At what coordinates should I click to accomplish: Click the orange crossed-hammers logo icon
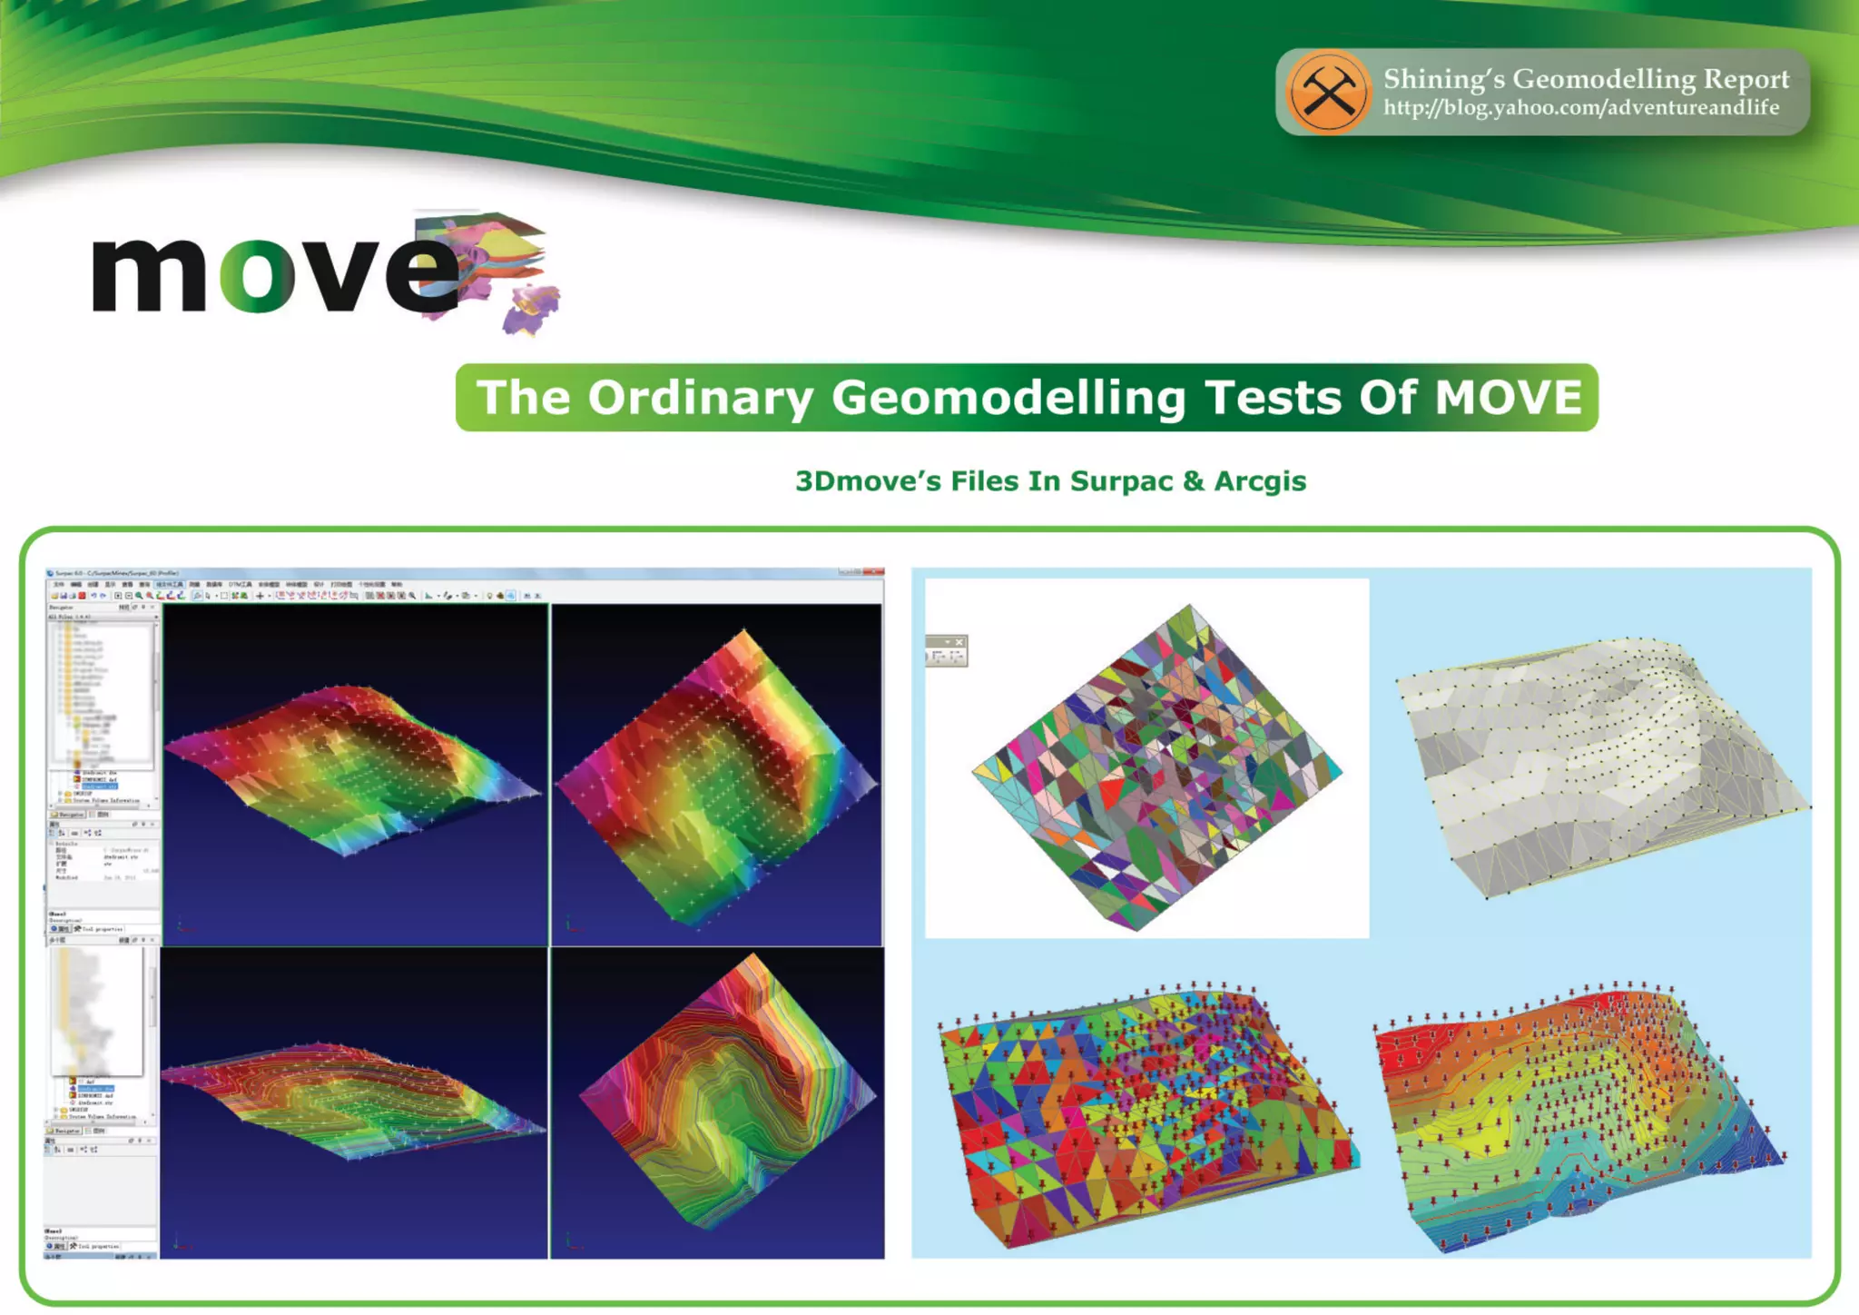pos(1327,92)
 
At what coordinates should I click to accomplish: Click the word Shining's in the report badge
pos(1443,79)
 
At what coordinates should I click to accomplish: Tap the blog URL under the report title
pos(1580,108)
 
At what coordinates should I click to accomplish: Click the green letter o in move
pos(257,275)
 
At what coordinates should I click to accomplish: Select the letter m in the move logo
pos(150,275)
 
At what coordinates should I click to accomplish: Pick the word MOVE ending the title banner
pos(1508,398)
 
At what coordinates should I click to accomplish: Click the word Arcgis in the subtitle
pos(1260,481)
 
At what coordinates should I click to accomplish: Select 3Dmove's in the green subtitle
pos(868,481)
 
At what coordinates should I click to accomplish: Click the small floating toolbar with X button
pos(947,650)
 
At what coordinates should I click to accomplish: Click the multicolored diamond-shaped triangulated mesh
pos(1156,767)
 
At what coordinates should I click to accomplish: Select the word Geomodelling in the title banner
pos(1008,398)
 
